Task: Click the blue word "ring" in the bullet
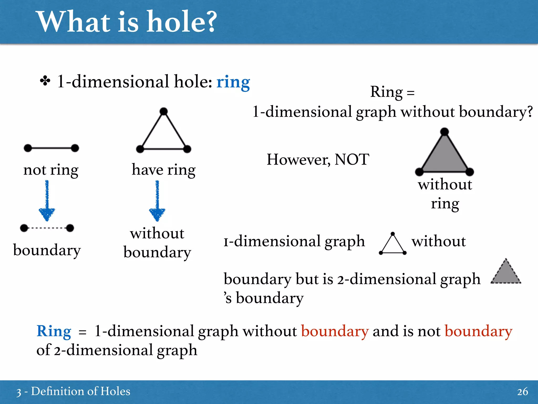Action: pyautogui.click(x=233, y=82)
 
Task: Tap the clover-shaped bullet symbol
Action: pyautogui.click(x=45, y=81)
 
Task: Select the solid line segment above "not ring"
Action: pyautogui.click(x=51, y=148)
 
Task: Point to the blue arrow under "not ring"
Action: pyautogui.click(x=47, y=201)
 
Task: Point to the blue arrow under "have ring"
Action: pyautogui.click(x=157, y=201)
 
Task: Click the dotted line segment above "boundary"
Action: pyautogui.click(x=47, y=228)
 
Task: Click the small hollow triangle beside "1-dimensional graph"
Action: pyautogui.click(x=393, y=245)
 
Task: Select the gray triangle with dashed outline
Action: pyautogui.click(x=506, y=274)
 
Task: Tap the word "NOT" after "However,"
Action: pyautogui.click(x=352, y=159)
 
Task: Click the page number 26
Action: pyautogui.click(x=523, y=392)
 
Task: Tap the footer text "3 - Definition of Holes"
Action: pyautogui.click(x=73, y=391)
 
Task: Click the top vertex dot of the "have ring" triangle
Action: pyautogui.click(x=164, y=111)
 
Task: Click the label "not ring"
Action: pyautogui.click(x=51, y=170)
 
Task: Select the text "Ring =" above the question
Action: pyautogui.click(x=392, y=92)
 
